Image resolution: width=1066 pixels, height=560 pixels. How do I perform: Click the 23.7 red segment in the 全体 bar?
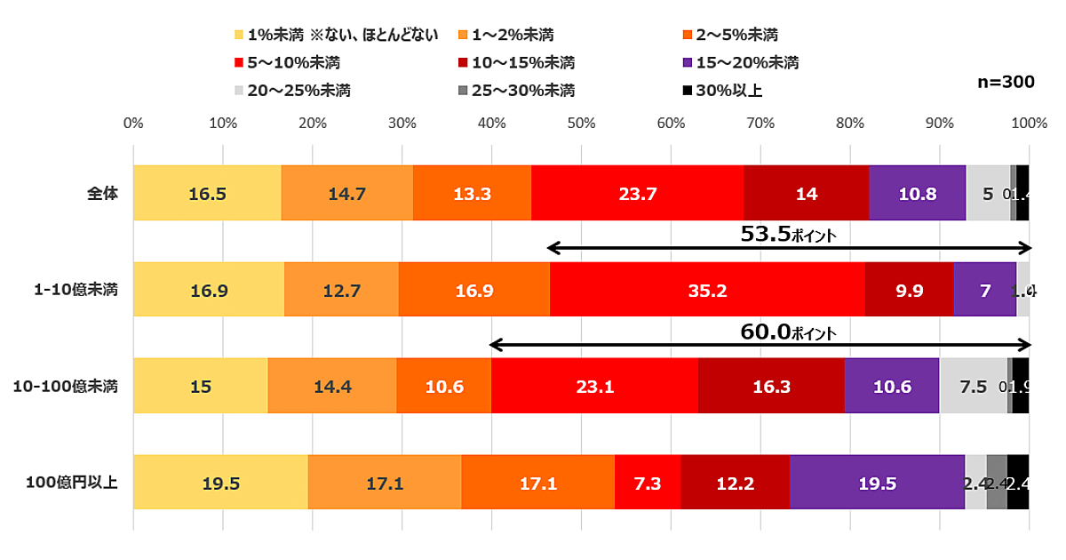637,193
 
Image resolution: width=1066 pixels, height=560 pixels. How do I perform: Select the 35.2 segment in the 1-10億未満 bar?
707,290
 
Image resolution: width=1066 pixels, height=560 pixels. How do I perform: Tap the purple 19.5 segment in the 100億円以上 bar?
877,483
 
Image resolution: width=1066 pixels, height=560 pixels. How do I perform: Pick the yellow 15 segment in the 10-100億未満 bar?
200,386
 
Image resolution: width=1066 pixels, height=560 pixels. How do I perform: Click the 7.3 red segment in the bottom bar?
648,483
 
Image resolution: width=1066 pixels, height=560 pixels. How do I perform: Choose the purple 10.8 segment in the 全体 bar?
917,193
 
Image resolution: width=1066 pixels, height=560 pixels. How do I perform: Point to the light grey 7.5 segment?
973,386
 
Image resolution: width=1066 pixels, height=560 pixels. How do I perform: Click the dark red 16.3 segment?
771,386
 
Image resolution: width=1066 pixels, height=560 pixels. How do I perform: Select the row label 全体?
103,193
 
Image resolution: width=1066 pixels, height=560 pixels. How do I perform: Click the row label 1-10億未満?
77,290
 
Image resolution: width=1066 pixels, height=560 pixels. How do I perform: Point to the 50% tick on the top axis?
581,123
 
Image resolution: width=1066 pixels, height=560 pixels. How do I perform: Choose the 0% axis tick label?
133,123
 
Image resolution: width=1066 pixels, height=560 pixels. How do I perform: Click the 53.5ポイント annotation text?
789,235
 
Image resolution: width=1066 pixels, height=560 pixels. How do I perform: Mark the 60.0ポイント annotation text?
789,332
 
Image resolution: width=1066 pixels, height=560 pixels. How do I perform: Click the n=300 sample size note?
1006,82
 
